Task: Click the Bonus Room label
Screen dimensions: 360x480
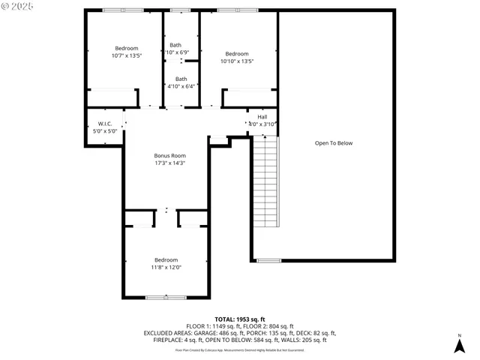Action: pyautogui.click(x=169, y=155)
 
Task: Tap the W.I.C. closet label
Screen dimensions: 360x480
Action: pyautogui.click(x=104, y=124)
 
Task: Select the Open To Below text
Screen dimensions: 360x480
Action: pyautogui.click(x=333, y=142)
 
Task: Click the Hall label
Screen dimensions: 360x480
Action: pyautogui.click(x=262, y=117)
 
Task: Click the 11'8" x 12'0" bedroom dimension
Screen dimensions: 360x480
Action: pyautogui.click(x=167, y=267)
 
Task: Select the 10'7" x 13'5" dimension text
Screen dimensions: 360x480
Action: pyautogui.click(x=127, y=55)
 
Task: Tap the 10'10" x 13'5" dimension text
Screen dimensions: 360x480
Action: pyautogui.click(x=236, y=61)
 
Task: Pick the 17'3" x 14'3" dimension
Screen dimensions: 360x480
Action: pyautogui.click(x=169, y=163)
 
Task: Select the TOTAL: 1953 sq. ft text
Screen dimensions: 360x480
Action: pyautogui.click(x=240, y=319)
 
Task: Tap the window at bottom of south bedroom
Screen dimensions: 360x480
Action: pyautogui.click(x=166, y=298)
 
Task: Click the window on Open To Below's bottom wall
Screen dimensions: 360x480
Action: pyautogui.click(x=268, y=260)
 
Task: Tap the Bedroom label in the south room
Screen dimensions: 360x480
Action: pyautogui.click(x=166, y=259)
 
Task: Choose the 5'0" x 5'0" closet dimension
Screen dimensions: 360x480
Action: pyautogui.click(x=104, y=131)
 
